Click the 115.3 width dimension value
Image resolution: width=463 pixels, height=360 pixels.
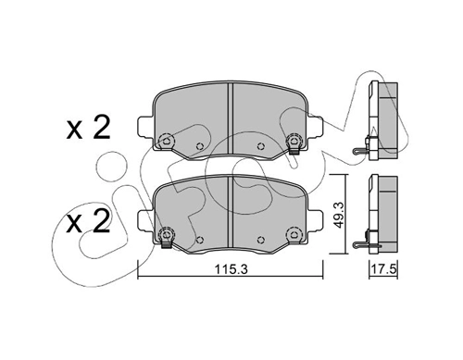point(231,270)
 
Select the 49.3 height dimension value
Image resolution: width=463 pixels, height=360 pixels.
point(340,216)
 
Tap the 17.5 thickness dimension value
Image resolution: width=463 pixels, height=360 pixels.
point(383,269)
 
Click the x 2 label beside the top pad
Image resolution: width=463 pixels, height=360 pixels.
point(88,128)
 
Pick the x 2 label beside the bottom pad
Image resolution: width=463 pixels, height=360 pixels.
point(88,221)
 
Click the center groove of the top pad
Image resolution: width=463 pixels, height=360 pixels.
point(230,118)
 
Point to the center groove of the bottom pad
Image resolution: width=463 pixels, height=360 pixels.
point(230,212)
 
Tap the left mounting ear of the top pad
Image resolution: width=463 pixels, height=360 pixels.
point(145,127)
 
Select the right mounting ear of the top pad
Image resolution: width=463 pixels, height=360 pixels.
point(315,127)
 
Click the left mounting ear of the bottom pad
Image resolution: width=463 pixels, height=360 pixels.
point(145,220)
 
